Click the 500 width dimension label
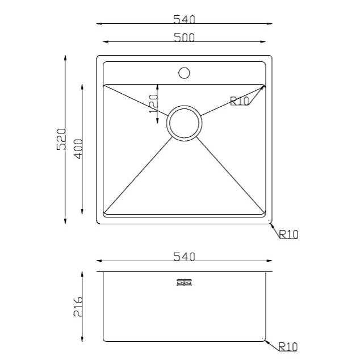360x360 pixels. coord(184,37)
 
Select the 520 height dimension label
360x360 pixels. coord(61,139)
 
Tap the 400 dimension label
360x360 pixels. coord(78,149)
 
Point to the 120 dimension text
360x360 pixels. coord(154,104)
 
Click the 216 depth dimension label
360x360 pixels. coord(78,307)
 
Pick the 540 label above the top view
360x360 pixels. coord(184,19)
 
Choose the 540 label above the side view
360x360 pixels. coord(184,257)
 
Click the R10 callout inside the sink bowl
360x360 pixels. coord(240,101)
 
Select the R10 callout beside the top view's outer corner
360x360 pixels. coord(288,234)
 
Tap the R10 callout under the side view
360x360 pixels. coord(288,347)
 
